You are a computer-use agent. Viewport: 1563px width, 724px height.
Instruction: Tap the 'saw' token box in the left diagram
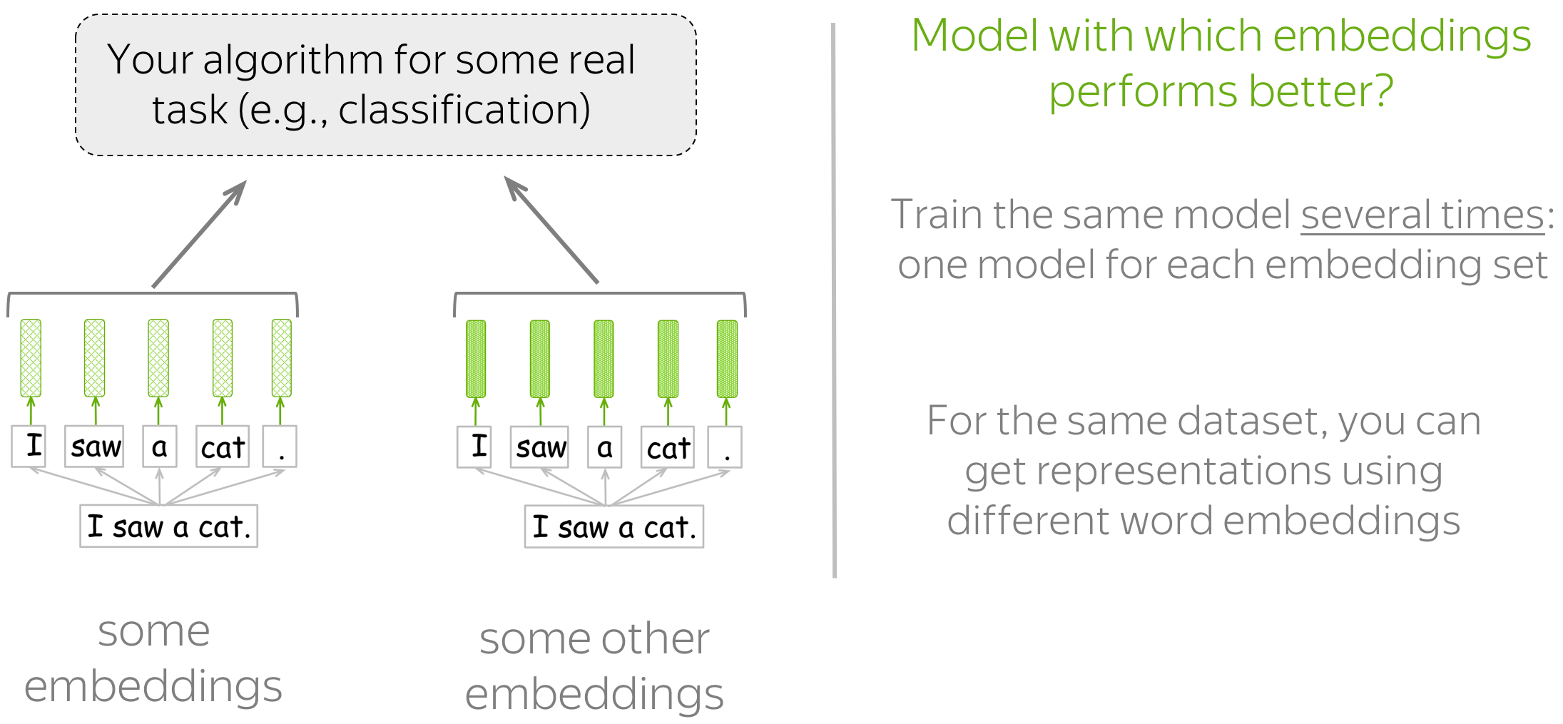(x=94, y=447)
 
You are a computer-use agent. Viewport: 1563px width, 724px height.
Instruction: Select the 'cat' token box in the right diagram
(x=667, y=447)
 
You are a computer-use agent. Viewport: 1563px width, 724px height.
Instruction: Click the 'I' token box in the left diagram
(x=29, y=446)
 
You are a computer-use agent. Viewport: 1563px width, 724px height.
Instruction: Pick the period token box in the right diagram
(x=725, y=447)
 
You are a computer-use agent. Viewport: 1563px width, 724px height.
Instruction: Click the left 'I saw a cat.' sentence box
(x=168, y=526)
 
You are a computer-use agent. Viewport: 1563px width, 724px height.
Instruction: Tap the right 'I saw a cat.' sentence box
(x=614, y=527)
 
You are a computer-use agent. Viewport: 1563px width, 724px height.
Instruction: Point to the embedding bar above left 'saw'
(x=95, y=357)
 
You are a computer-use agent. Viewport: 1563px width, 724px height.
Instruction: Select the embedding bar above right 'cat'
(x=668, y=358)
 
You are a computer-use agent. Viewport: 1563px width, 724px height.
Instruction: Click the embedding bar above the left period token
(x=282, y=357)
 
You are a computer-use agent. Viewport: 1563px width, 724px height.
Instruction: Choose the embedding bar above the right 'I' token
(x=476, y=358)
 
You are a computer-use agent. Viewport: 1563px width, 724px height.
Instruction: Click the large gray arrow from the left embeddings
(x=199, y=234)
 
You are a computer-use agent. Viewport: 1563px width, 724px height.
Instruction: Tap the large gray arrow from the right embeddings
(x=551, y=230)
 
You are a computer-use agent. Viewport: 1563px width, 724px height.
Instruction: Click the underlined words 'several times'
(x=1422, y=215)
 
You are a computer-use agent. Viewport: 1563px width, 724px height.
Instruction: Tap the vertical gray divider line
(x=834, y=300)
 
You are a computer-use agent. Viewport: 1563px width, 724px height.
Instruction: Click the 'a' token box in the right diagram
(x=605, y=447)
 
